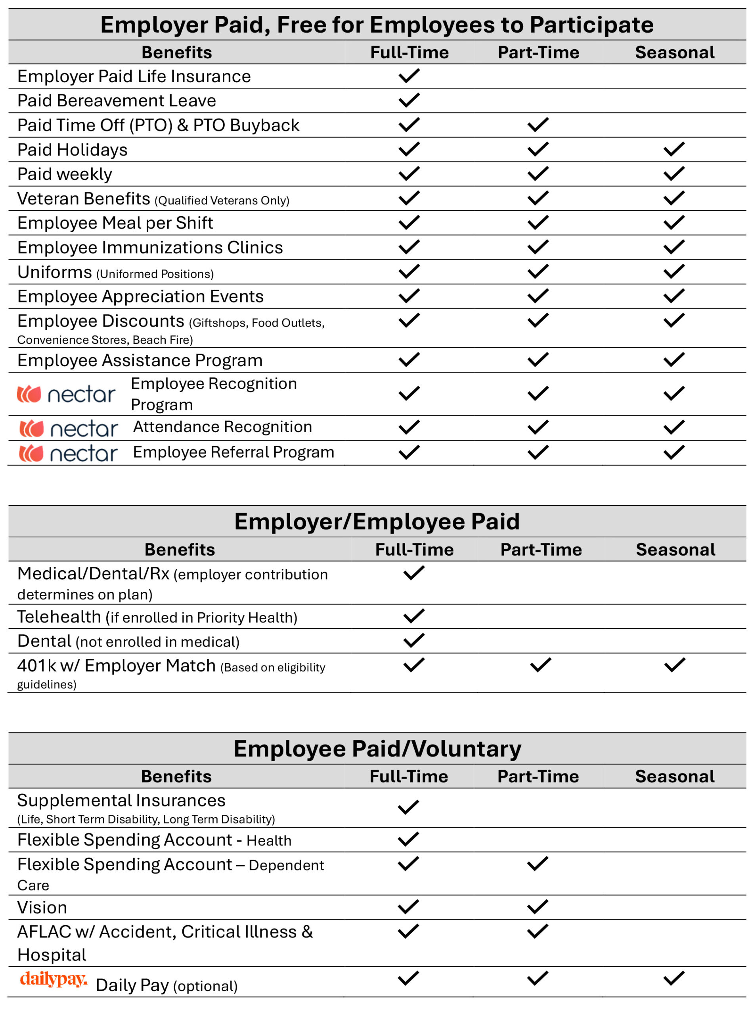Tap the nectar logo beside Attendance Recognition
tap(69, 429)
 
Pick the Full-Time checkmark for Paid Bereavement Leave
tap(409, 100)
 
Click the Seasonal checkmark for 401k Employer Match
tap(674, 665)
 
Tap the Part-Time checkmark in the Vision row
tap(537, 906)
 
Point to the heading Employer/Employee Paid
tap(377, 521)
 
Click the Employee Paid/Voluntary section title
tap(377, 749)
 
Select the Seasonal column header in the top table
tap(675, 52)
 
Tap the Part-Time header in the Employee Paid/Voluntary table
tap(538, 776)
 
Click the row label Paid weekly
tap(65, 174)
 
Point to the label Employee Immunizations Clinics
tap(150, 247)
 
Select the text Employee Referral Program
tap(233, 452)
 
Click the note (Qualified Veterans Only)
tap(222, 200)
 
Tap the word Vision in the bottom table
tap(42, 908)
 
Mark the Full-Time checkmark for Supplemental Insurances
tap(408, 807)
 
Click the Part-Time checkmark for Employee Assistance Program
tap(538, 360)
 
